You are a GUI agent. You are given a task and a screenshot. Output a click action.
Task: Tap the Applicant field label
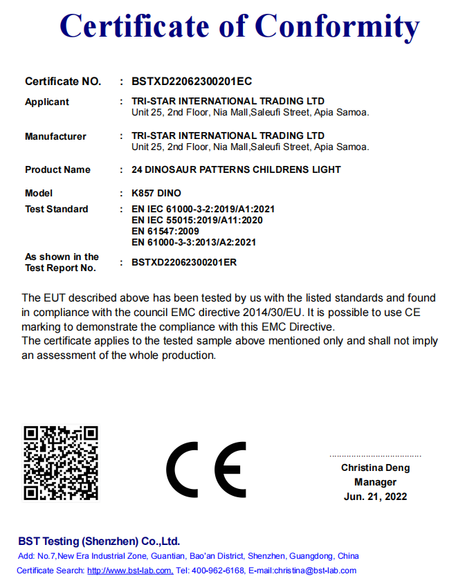[x=47, y=102]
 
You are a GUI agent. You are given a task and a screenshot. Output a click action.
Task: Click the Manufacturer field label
[x=55, y=136]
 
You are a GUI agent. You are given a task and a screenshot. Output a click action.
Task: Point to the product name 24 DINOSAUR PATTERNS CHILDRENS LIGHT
[x=236, y=169]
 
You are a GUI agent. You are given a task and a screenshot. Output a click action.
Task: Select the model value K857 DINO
[x=156, y=193]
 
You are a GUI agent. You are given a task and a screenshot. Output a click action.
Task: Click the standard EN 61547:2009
[x=165, y=231]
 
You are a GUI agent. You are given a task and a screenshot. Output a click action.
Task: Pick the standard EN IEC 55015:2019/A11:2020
[x=197, y=220]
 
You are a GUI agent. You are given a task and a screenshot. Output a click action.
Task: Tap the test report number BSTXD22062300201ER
[x=184, y=263]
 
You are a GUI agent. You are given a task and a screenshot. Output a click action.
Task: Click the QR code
[x=61, y=463]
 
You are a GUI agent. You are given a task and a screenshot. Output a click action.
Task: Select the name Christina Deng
[x=375, y=468]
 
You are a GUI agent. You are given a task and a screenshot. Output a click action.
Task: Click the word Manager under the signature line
[x=375, y=482]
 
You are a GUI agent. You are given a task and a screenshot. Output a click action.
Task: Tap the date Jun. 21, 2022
[x=375, y=497]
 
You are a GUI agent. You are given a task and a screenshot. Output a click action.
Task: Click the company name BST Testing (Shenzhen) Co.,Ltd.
[x=99, y=541]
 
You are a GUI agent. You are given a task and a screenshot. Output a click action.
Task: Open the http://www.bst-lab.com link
[x=130, y=571]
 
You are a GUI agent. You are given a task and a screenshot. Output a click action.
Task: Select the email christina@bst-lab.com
[x=316, y=571]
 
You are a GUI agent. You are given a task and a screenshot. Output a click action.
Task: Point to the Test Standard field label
[x=57, y=209]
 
